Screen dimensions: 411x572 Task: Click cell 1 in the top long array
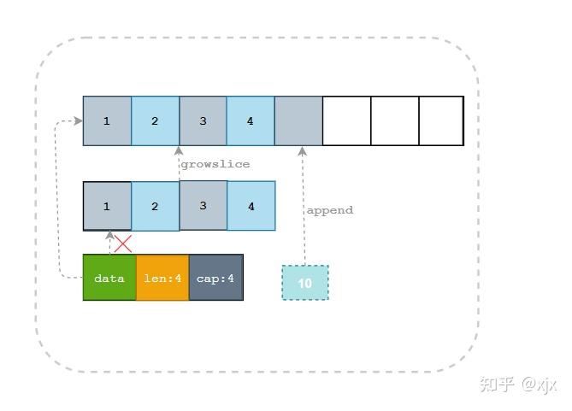107,121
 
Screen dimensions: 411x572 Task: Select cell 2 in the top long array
155,121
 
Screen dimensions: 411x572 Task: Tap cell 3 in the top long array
203,121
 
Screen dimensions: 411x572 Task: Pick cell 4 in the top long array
251,121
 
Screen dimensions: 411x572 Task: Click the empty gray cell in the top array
298,121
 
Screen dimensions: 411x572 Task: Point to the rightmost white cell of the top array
441,121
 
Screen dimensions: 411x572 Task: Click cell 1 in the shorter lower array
107,206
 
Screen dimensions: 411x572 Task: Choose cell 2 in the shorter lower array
155,206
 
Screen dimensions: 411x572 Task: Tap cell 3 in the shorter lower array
203,206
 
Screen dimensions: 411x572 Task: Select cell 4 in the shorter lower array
251,206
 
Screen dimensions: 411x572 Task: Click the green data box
109,278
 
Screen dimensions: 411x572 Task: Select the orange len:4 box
162,278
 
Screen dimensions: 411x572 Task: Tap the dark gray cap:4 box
215,278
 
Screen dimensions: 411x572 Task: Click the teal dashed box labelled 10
305,283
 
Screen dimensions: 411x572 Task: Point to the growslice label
215,164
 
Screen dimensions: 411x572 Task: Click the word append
329,210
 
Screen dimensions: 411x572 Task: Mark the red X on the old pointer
123,244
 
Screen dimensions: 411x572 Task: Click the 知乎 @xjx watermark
518,384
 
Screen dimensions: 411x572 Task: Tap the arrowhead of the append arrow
302,151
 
